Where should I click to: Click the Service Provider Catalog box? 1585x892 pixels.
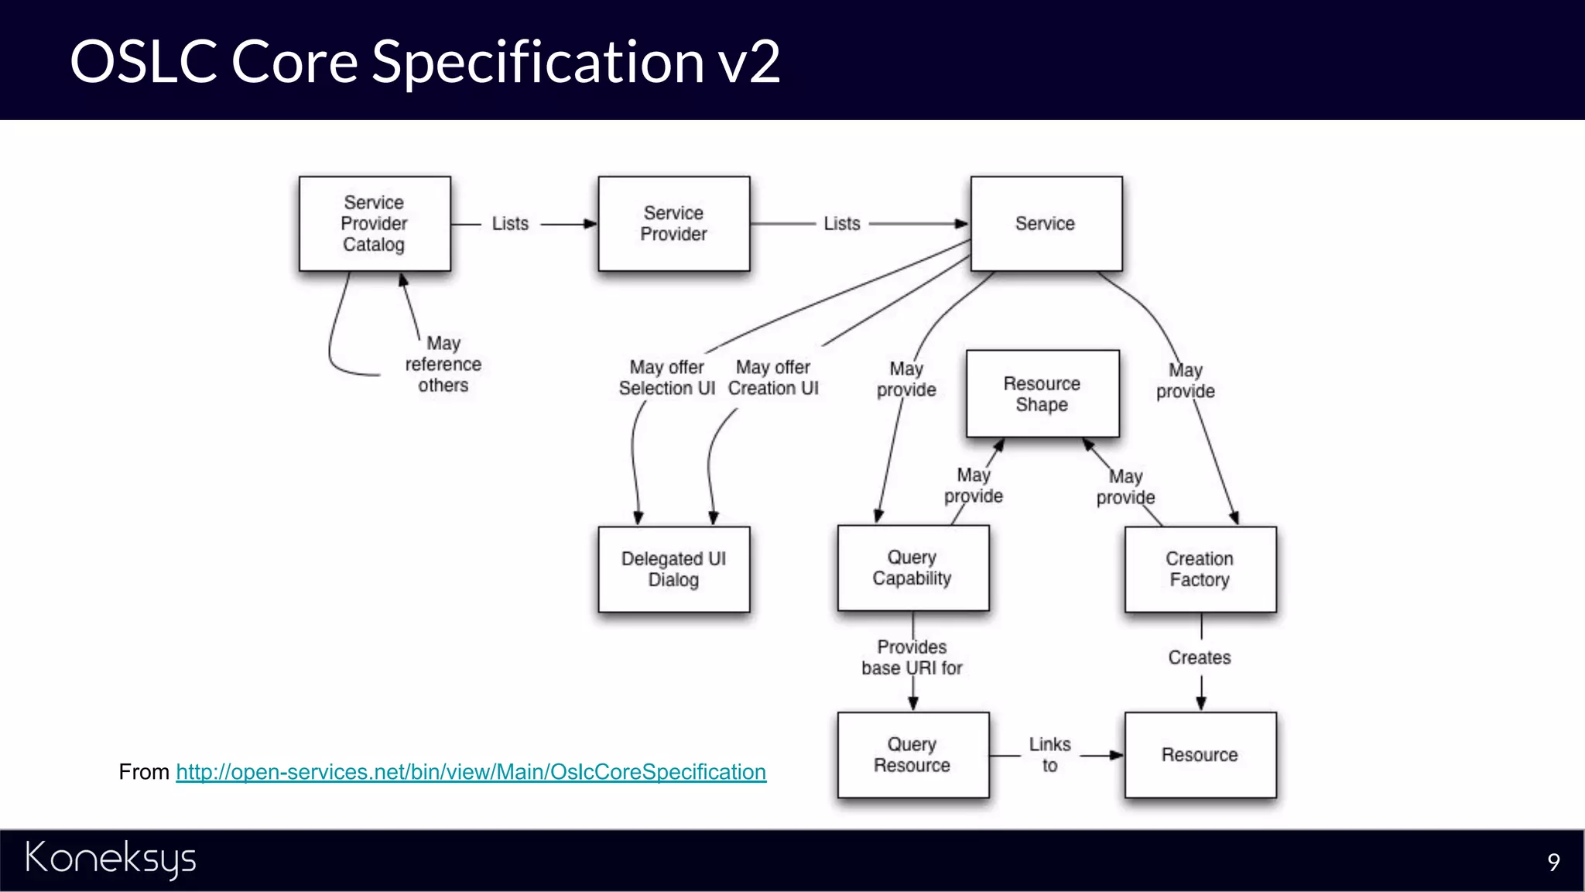pos(375,224)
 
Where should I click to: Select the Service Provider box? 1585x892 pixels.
pos(673,224)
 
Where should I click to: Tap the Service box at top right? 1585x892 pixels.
pos(1046,224)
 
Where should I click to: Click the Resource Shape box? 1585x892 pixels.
pos(1042,394)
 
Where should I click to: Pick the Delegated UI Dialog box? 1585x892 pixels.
pos(673,569)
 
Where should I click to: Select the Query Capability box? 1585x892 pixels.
pos(912,568)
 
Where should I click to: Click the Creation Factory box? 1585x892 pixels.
pos(1200,569)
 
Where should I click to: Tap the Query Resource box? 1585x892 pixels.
pos(912,755)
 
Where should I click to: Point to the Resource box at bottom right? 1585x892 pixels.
pos(1200,755)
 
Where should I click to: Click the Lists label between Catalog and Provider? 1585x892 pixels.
pos(510,224)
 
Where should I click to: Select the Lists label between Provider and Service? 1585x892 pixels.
pos(842,224)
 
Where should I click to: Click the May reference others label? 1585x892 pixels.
pos(443,364)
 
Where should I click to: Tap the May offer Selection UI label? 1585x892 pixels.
pos(667,378)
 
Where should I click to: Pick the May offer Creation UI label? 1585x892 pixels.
pos(773,378)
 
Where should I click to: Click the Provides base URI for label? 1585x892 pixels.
pos(912,657)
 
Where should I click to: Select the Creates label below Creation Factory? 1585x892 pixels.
pos(1200,657)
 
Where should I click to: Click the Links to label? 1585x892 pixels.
pos(1049,755)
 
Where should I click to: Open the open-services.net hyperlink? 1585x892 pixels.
pos(471,772)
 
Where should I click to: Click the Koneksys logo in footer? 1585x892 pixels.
pos(111,859)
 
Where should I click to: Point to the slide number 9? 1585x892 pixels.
pos(1553,862)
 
